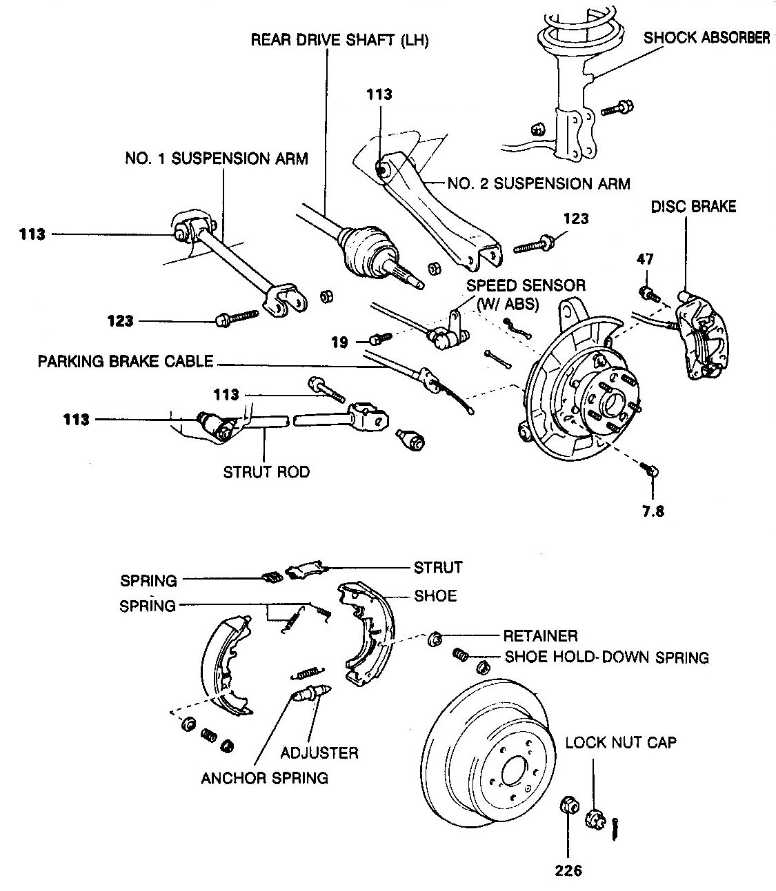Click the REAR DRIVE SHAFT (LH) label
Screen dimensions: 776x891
tap(339, 40)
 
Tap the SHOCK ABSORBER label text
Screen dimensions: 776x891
tap(707, 38)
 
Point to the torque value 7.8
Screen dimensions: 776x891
tap(653, 511)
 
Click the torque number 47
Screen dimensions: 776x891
tap(645, 259)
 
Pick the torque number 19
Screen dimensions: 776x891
tap(339, 342)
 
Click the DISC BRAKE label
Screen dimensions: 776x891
tap(693, 207)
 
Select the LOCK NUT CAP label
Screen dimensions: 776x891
tap(621, 743)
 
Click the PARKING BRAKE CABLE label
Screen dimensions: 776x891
tap(126, 362)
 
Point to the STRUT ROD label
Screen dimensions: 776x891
tap(266, 472)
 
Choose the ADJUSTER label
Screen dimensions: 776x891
tap(319, 753)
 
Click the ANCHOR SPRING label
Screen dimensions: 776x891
tap(265, 778)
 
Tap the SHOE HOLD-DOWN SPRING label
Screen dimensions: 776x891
tap(607, 657)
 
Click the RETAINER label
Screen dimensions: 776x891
tap(541, 636)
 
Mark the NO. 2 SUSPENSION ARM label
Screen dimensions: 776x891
tap(539, 184)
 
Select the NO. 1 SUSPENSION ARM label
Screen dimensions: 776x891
tap(217, 158)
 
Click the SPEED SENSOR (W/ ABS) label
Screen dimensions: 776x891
tap(526, 295)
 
